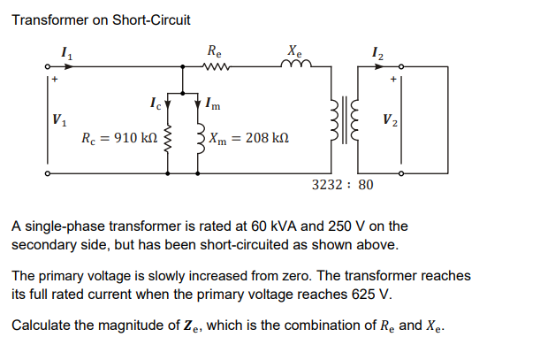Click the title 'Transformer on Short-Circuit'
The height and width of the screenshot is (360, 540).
point(101,19)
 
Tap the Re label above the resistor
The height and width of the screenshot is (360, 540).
point(215,50)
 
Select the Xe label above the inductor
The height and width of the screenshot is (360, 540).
point(294,50)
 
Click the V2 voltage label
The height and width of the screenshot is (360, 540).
point(389,119)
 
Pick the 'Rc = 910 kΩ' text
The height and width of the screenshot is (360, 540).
point(119,138)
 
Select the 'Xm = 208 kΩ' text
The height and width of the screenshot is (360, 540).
point(247,138)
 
